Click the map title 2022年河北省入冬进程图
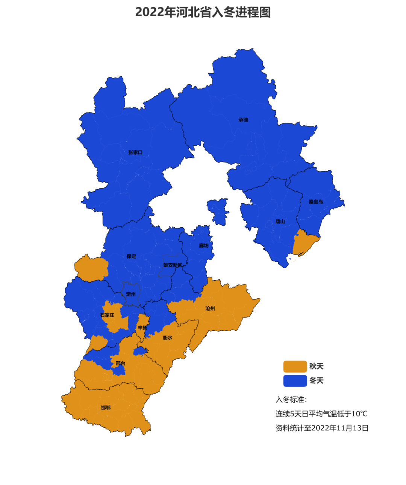[x=203, y=12]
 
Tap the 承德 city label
[x=243, y=120]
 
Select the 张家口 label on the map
[x=135, y=152]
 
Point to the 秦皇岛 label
[x=316, y=202]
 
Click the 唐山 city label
[x=280, y=221]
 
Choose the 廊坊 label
[x=204, y=245]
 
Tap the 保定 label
[x=132, y=256]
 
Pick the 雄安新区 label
[x=173, y=265]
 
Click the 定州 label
[x=131, y=294]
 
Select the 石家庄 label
[x=108, y=315]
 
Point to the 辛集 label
[x=142, y=328]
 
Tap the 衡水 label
[x=168, y=338]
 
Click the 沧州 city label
[x=210, y=309]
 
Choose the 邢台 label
[x=120, y=363]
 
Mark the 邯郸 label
[x=106, y=407]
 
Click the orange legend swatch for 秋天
[x=295, y=366]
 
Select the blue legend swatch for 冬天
[x=295, y=380]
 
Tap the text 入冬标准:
[x=291, y=400]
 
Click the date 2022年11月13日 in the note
[x=340, y=428]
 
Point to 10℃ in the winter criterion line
[x=359, y=414]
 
